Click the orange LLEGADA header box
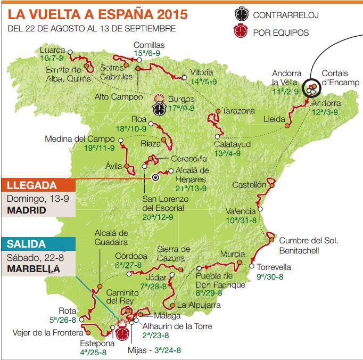tap(38, 185)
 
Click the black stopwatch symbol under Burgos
tap(159, 108)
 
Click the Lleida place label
tap(274, 120)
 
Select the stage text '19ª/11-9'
tap(100, 148)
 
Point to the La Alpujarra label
tap(199, 305)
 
